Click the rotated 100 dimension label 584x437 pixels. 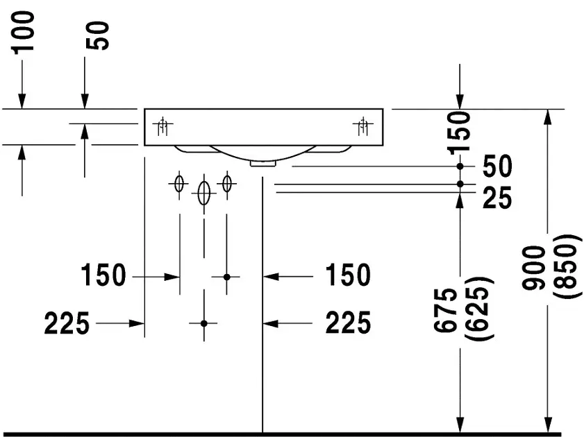tap(24, 33)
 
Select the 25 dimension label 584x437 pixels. tap(497, 198)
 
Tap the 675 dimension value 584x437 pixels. tap(445, 309)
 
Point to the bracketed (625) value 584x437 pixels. tap(479, 308)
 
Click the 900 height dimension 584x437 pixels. tap(534, 268)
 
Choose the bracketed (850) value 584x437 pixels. tap(567, 266)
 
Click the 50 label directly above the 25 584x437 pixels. tap(497, 166)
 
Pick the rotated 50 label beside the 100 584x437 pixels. tap(98, 35)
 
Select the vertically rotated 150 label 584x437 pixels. tap(459, 132)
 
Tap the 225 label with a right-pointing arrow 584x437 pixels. tap(67, 323)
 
